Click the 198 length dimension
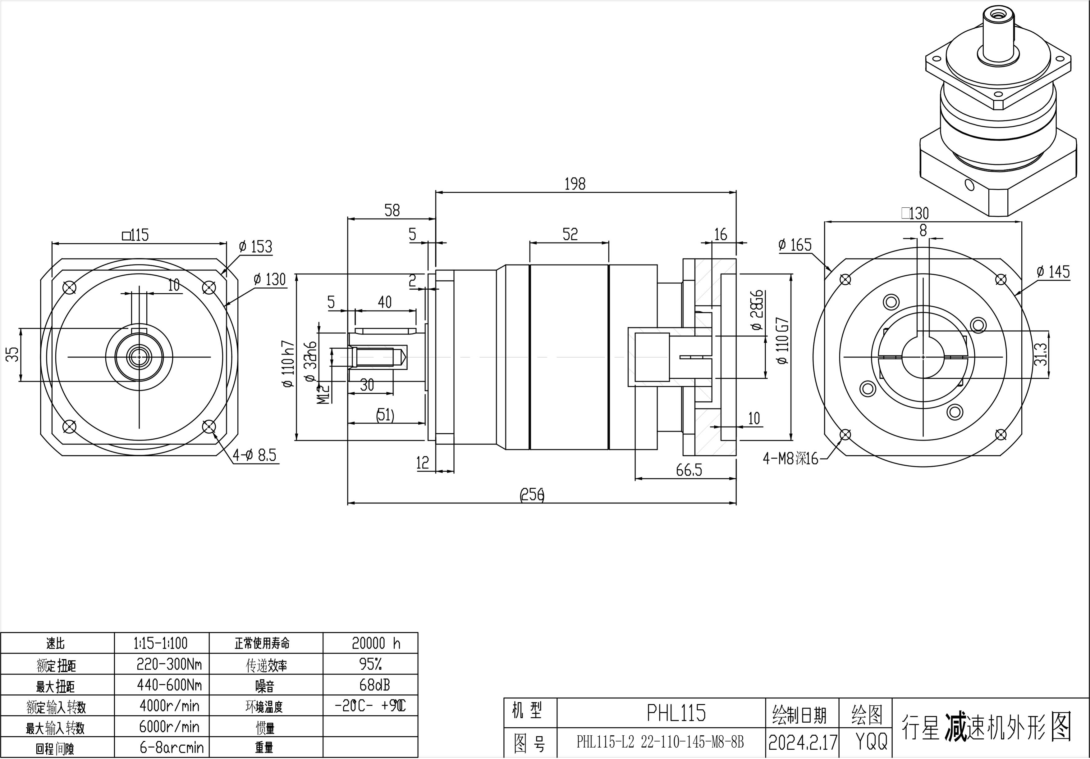(x=575, y=184)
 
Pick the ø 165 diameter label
(x=795, y=245)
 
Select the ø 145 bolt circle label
(x=1053, y=272)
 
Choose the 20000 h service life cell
(x=376, y=643)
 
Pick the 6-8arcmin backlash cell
(x=171, y=748)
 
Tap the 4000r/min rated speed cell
(x=169, y=706)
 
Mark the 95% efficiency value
(x=371, y=664)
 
